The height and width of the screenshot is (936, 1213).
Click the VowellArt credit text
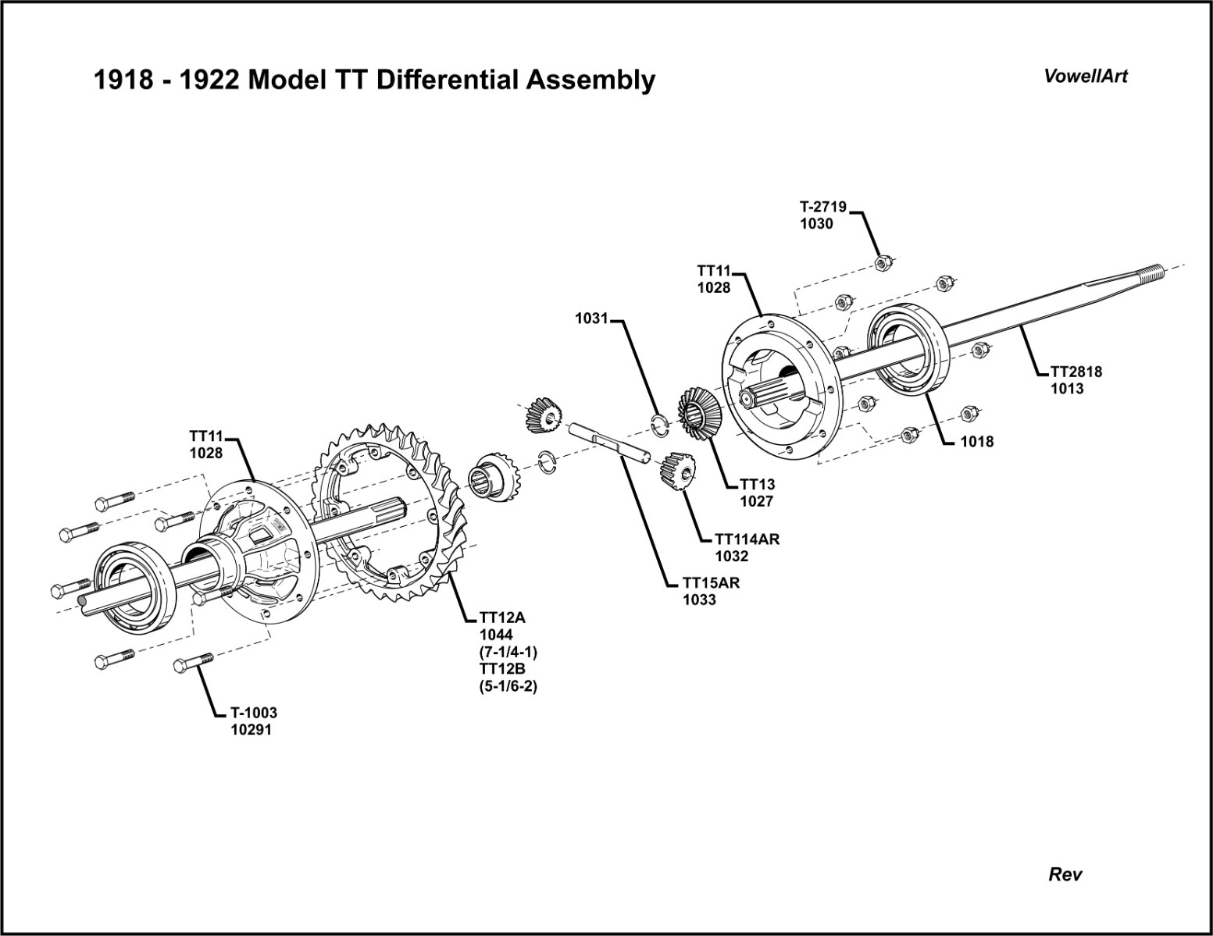click(1086, 77)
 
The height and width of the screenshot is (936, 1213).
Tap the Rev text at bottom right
click(1065, 874)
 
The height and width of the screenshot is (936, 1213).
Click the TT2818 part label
click(1076, 372)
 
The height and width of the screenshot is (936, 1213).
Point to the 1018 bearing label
click(977, 442)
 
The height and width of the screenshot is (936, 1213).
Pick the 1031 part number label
click(591, 319)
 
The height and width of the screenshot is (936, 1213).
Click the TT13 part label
click(757, 486)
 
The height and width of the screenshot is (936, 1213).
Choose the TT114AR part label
click(747, 539)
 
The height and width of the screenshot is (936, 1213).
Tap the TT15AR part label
click(711, 582)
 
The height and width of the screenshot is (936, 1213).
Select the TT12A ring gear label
click(503, 618)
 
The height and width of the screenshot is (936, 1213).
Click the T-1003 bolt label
click(253, 713)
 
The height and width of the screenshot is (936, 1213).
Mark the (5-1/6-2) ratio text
click(509, 687)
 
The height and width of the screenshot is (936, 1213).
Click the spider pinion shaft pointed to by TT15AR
click(609, 443)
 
